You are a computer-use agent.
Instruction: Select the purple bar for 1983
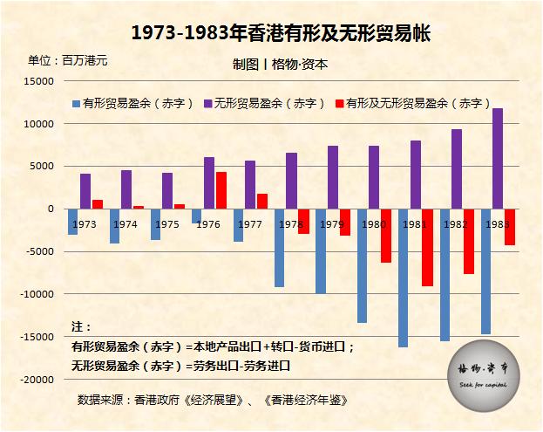[x=498, y=158]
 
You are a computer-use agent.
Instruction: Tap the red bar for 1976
[x=221, y=190]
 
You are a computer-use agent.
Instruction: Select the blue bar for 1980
[x=362, y=265]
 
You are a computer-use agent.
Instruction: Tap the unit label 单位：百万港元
[x=68, y=61]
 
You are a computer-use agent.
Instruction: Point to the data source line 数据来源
[x=212, y=400]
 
